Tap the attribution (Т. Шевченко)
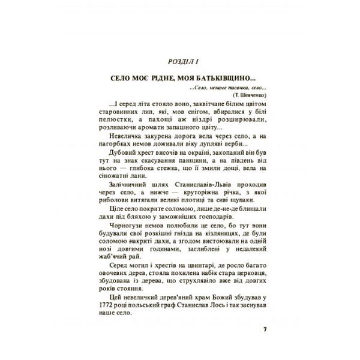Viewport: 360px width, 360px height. click(x=247, y=94)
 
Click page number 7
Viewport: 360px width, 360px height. click(x=265, y=330)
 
